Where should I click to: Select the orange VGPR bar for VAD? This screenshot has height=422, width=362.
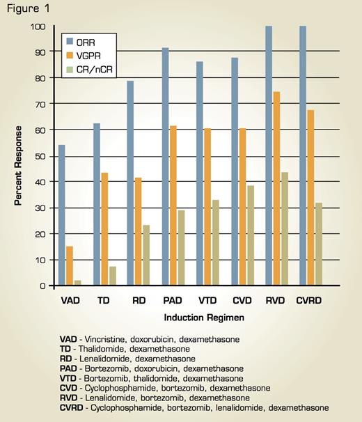pyautogui.click(x=70, y=265)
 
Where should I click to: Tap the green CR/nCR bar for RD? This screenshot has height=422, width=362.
pyautogui.click(x=146, y=255)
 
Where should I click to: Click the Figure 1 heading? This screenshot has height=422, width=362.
pyautogui.click(x=24, y=8)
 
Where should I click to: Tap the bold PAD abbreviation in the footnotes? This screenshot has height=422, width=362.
pyautogui.click(x=70, y=368)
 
